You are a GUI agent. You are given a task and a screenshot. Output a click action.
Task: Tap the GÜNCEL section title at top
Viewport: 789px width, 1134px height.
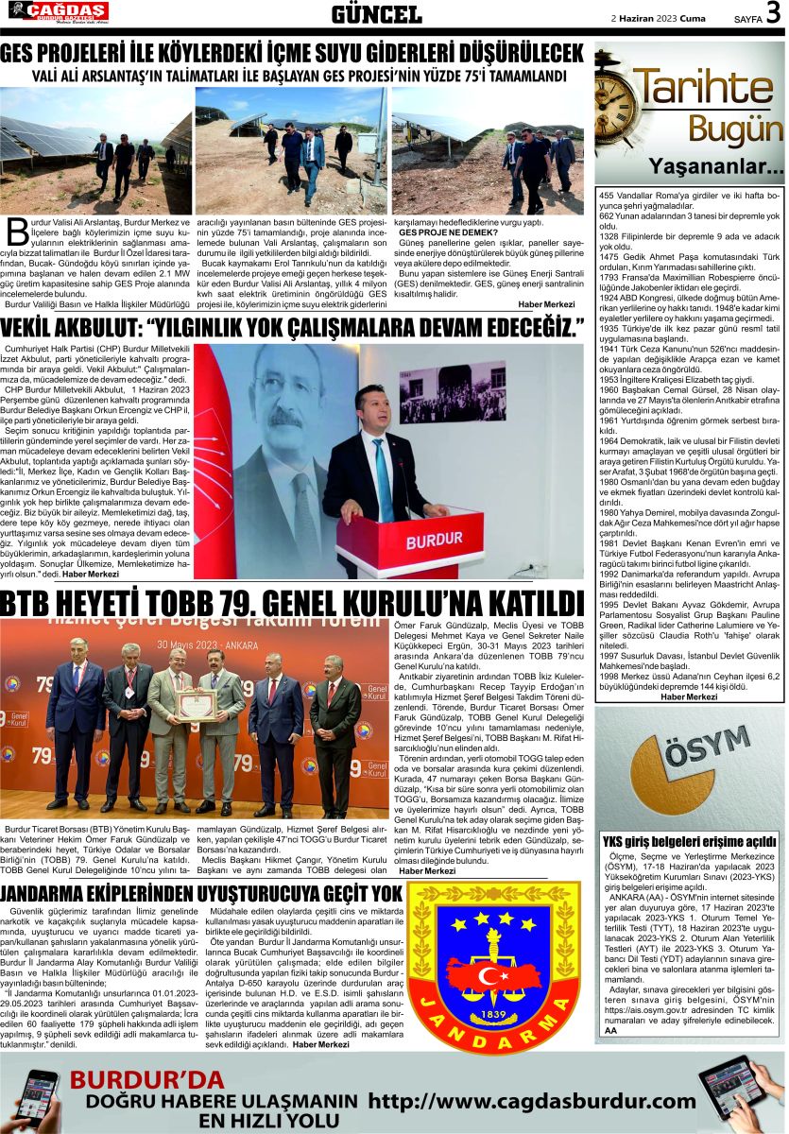[377, 14]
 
